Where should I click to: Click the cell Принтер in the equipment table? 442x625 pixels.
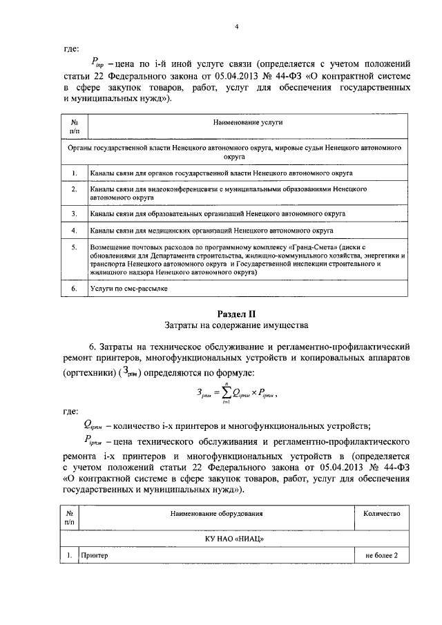click(95, 555)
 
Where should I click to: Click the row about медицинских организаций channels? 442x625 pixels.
click(211, 229)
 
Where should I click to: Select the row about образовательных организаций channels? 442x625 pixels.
click(218, 213)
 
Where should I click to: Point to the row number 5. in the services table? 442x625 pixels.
click(74, 246)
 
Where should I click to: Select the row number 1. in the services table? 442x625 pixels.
click(74, 172)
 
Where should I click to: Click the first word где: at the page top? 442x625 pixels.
click(71, 49)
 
